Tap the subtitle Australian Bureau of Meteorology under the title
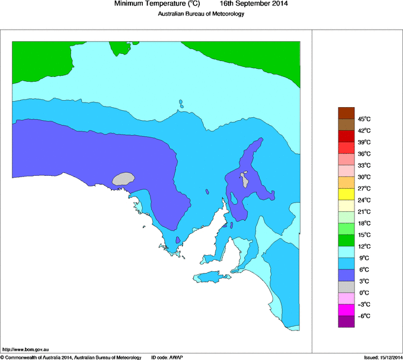pos(201,14)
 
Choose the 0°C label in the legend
pos(364,292)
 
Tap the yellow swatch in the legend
pos(346,194)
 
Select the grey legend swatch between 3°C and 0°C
pos(346,287)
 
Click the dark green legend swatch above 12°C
pos(346,240)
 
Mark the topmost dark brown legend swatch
pos(346,112)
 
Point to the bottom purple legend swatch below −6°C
pos(346,322)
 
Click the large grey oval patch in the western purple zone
pos(124,178)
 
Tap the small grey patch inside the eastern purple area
pos(244,178)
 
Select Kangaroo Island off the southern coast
pos(213,277)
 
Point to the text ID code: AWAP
pos(167,357)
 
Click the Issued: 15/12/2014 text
pos(383,357)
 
